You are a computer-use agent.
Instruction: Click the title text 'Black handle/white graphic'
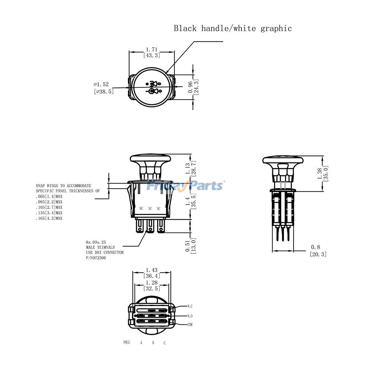pos(233,28)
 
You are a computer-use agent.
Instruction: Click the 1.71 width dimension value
pos(151,49)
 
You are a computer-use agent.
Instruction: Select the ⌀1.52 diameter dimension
pos(101,84)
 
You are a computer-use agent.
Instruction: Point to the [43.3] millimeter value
pos(151,55)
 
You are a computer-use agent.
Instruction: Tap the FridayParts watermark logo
pos(185,185)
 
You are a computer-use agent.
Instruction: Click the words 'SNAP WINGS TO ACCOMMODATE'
pos(63,185)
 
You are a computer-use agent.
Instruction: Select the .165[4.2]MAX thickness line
pos(49,218)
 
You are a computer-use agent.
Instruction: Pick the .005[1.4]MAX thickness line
pos(49,196)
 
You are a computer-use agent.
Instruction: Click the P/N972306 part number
pos(96,258)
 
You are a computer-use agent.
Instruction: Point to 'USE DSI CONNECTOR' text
pos(105,253)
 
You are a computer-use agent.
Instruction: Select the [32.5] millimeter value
pos(151,288)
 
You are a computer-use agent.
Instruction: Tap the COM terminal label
pos(190,325)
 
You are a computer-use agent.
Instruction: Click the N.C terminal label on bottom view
pos(190,306)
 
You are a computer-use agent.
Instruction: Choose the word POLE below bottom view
pos(127,342)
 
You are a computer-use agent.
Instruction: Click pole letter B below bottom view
pos(153,343)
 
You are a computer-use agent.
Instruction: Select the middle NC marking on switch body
pos(150,209)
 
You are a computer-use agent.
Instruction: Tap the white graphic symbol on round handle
pos(153,87)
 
